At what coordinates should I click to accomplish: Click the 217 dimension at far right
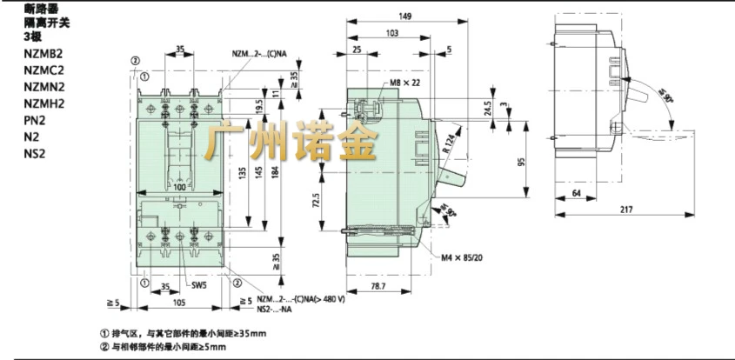click(x=626, y=211)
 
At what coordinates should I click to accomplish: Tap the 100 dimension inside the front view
click(x=180, y=188)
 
